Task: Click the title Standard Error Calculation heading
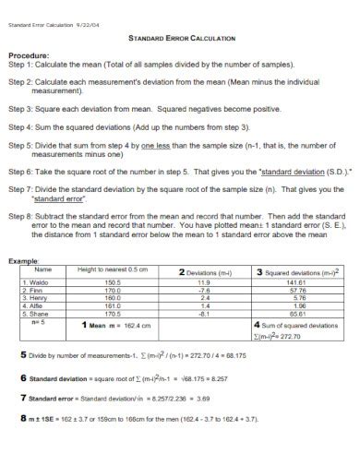[180, 38]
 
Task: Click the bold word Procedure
[30, 54]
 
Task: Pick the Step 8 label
[22, 217]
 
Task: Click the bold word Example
[25, 261]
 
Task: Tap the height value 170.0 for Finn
[113, 289]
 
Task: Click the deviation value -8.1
[204, 313]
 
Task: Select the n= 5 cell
[38, 321]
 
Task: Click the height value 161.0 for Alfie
[113, 305]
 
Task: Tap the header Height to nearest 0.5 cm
[113, 269]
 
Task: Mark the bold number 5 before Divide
[22, 354]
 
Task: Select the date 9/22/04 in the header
[90, 13]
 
